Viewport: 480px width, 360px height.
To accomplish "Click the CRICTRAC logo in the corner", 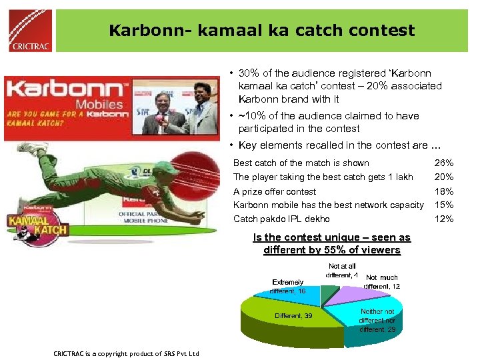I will pos(29,30).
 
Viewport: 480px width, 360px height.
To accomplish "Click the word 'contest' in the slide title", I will pos(381,31).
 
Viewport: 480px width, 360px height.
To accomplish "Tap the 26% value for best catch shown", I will pos(444,163).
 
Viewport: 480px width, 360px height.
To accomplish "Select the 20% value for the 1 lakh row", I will pos(444,177).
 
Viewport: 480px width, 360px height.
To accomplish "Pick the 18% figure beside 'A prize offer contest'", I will pos(444,191).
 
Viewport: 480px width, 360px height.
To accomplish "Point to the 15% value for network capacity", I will pos(444,205).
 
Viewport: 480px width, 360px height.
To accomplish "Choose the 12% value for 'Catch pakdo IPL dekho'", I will pos(444,219).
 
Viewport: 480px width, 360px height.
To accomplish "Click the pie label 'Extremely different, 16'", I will pos(288,287).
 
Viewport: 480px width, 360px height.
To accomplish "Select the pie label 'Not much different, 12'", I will pos(382,281).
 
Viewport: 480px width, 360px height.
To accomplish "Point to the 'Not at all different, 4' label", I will pos(343,271).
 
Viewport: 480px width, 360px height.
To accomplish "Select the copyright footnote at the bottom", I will pos(127,353).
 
